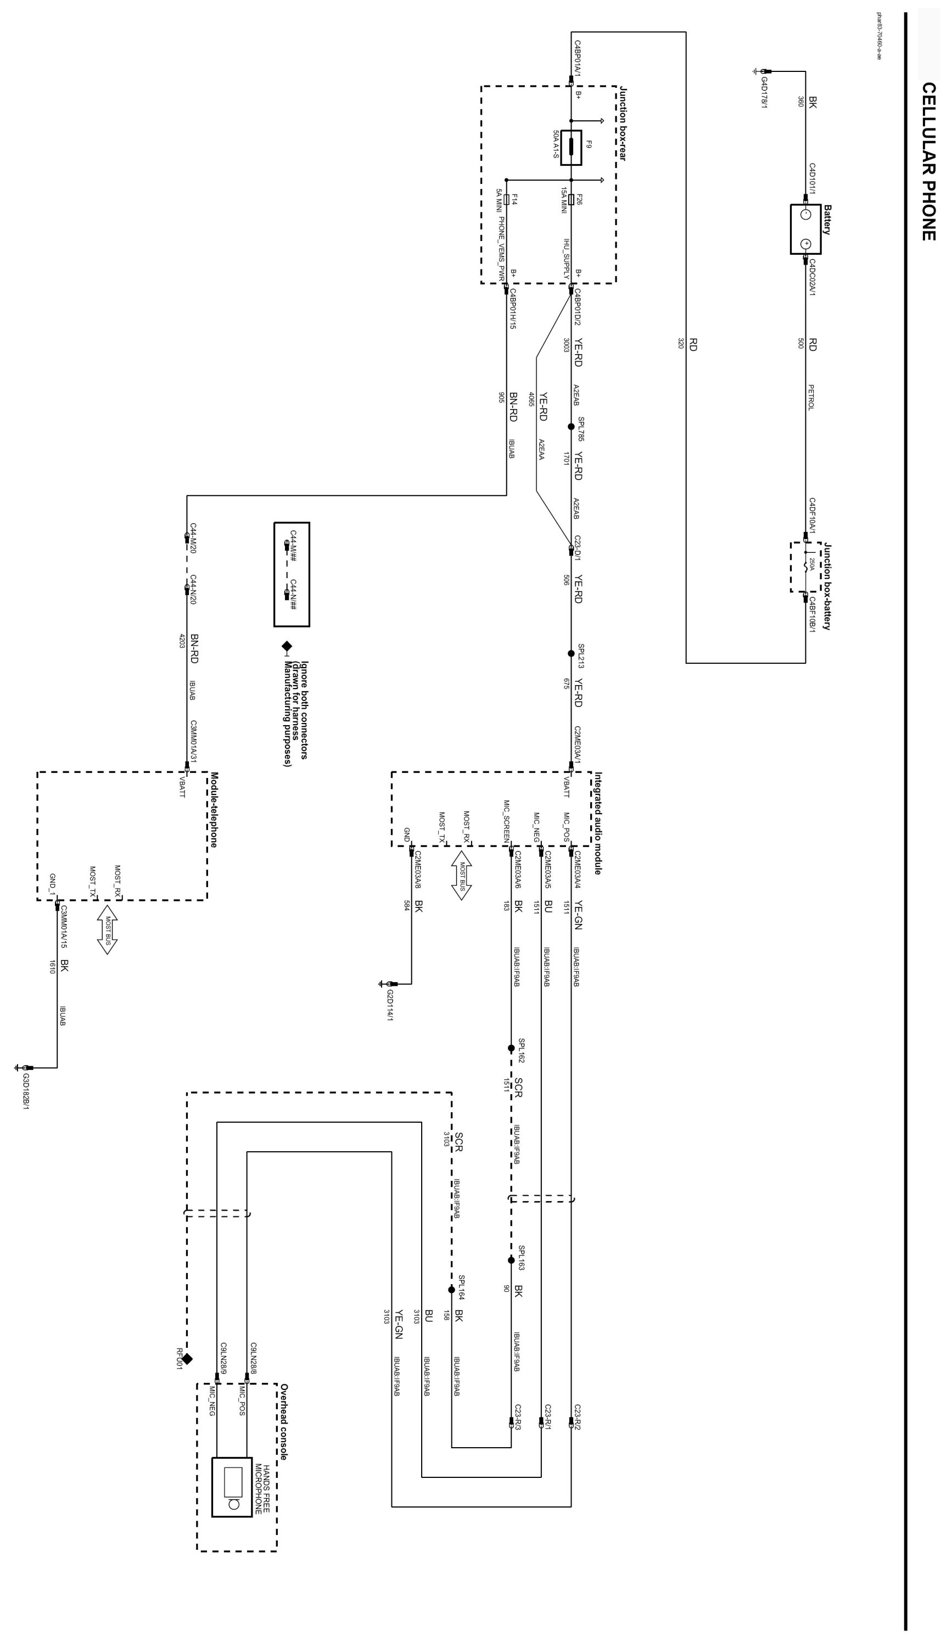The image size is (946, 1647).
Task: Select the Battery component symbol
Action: click(x=805, y=229)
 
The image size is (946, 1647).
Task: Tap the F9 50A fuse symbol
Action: click(x=571, y=148)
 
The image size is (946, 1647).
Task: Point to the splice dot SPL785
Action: click(x=571, y=427)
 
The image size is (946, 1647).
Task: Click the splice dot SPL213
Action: click(x=571, y=653)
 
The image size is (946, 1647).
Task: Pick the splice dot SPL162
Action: click(x=511, y=1048)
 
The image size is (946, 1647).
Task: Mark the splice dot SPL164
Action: click(x=451, y=1290)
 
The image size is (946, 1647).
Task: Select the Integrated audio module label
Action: click(x=598, y=822)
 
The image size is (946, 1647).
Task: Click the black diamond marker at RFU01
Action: click(x=187, y=1359)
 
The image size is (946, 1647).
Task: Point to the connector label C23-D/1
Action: click(x=577, y=548)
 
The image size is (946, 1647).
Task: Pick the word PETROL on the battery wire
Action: click(x=811, y=396)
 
